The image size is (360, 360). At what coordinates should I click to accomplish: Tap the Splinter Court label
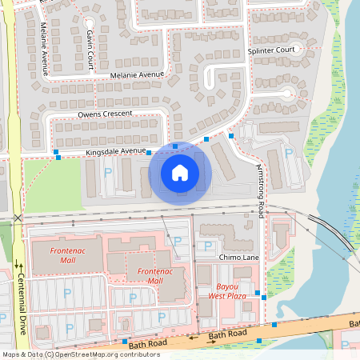272,50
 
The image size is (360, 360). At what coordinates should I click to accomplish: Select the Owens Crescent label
104,114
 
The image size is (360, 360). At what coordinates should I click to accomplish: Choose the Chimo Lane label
238,258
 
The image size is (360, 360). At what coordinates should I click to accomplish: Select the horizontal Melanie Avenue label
138,74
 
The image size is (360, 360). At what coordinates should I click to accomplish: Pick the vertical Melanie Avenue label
45,49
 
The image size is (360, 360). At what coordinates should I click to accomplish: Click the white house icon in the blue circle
180,172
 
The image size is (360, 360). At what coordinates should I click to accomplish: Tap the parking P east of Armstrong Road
287,153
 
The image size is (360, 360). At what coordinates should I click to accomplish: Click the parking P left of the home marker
108,171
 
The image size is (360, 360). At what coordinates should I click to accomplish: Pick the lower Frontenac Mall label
150,276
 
